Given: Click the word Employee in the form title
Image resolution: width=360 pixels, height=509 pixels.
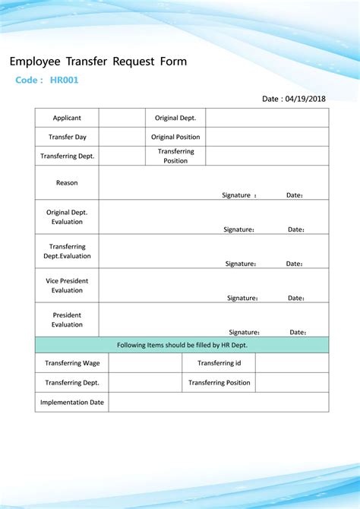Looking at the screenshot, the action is [33, 62].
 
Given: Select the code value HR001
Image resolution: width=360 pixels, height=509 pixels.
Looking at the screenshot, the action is [65, 80].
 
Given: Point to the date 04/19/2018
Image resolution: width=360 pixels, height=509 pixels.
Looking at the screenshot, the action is [307, 99].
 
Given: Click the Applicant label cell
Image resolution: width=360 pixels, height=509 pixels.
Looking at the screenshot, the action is [67, 118].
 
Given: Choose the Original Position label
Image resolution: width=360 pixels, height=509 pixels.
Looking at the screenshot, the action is [175, 137].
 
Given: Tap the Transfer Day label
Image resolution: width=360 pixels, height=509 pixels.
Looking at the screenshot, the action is [67, 137].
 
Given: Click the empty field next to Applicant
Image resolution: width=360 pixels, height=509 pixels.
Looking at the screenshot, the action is [122, 118].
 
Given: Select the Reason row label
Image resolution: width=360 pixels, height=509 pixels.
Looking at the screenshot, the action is [67, 182].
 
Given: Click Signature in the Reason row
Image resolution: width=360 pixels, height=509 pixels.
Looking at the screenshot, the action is [236, 195].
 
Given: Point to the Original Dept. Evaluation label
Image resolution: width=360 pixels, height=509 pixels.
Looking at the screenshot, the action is [67, 217].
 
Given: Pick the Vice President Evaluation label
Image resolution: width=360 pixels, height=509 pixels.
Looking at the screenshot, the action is [67, 286].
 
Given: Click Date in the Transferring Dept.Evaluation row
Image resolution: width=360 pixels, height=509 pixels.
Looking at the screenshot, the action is [294, 264].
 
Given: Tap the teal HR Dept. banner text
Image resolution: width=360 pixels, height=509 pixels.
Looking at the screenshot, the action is [182, 345].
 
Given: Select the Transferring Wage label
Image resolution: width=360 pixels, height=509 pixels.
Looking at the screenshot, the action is [72, 363].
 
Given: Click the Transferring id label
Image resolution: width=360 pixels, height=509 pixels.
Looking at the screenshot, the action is [219, 363].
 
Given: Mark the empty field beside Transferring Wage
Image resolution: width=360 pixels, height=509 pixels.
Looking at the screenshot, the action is [145, 363].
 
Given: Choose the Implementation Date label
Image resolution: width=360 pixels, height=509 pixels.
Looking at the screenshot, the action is [72, 402].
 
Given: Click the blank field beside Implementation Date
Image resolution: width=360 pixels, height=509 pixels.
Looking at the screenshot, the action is [219, 402].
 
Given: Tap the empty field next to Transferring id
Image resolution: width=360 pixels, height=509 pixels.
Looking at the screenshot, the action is [292, 363].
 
